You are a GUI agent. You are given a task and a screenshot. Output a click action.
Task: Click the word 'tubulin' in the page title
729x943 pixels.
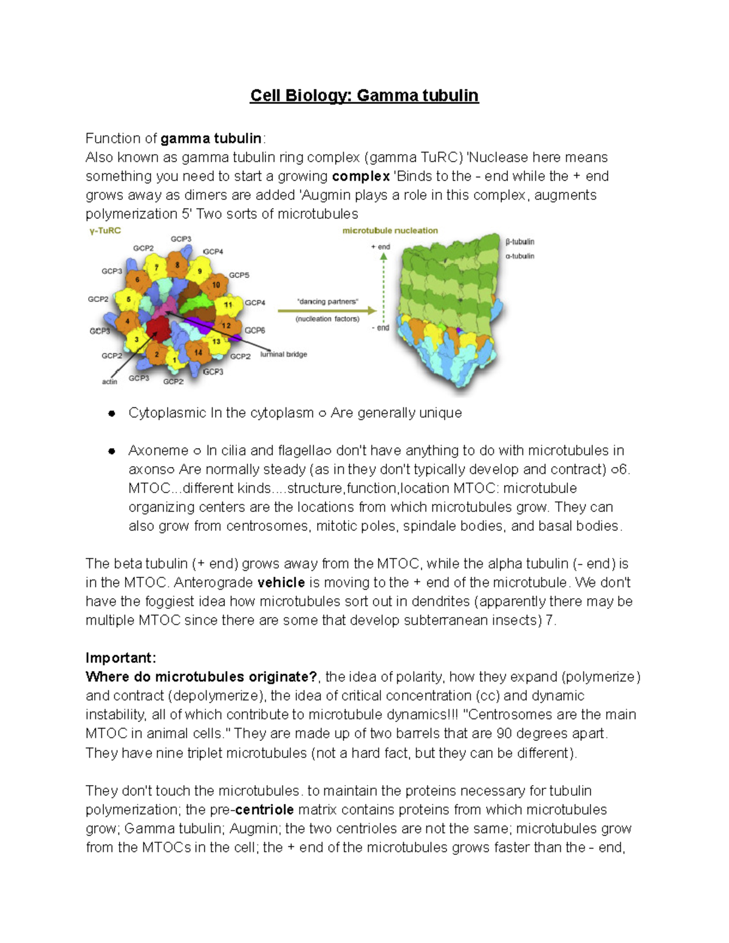[450, 96]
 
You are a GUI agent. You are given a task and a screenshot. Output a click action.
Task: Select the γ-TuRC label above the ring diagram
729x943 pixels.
[105, 231]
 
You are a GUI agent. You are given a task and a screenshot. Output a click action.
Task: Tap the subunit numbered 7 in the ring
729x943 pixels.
[156, 267]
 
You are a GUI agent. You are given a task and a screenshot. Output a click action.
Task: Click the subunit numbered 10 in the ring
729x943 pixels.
[216, 285]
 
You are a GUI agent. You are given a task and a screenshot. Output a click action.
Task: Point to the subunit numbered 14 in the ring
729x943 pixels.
[198, 352]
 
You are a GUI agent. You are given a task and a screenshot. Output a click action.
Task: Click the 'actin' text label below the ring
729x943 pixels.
[109, 381]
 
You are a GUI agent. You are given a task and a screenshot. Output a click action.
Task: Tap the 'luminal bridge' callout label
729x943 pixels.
[284, 354]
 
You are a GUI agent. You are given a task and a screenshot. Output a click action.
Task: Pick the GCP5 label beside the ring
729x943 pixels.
[239, 275]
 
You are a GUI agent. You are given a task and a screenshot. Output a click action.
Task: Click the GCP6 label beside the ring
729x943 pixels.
[255, 330]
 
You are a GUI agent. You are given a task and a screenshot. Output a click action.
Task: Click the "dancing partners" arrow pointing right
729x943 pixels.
[327, 310]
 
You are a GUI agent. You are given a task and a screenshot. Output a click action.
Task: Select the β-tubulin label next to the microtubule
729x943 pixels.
[520, 242]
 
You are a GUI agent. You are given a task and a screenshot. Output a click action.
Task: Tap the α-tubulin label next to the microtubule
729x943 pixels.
[520, 256]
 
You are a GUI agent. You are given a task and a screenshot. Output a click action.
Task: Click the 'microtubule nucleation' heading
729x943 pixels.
[390, 231]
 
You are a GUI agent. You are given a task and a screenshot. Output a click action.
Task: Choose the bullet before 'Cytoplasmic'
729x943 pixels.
[111, 414]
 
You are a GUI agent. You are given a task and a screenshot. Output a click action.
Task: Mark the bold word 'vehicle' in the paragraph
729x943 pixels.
[281, 583]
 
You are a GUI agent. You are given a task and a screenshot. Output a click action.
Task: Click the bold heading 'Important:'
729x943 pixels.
[121, 658]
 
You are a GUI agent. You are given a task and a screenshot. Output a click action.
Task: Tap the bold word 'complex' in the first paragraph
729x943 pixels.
[361, 177]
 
